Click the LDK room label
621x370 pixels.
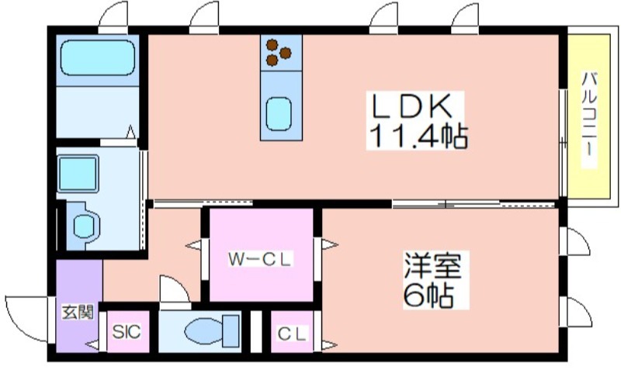coord(411,106)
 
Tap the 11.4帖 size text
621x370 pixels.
coord(418,136)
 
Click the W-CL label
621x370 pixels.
coord(260,260)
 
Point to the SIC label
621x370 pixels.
coord(127,332)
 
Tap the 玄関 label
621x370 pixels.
coord(78,313)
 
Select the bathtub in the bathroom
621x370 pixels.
coord(98,57)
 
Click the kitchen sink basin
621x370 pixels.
coord(279,114)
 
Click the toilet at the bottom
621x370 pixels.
coord(210,331)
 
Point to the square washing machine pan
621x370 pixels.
coord(78,173)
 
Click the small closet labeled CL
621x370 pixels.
coord(293,332)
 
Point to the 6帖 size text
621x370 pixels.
coord(428,296)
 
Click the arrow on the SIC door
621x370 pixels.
coord(92,344)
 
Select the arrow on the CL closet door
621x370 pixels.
coord(329,345)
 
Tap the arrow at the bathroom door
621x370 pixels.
coord(130,132)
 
